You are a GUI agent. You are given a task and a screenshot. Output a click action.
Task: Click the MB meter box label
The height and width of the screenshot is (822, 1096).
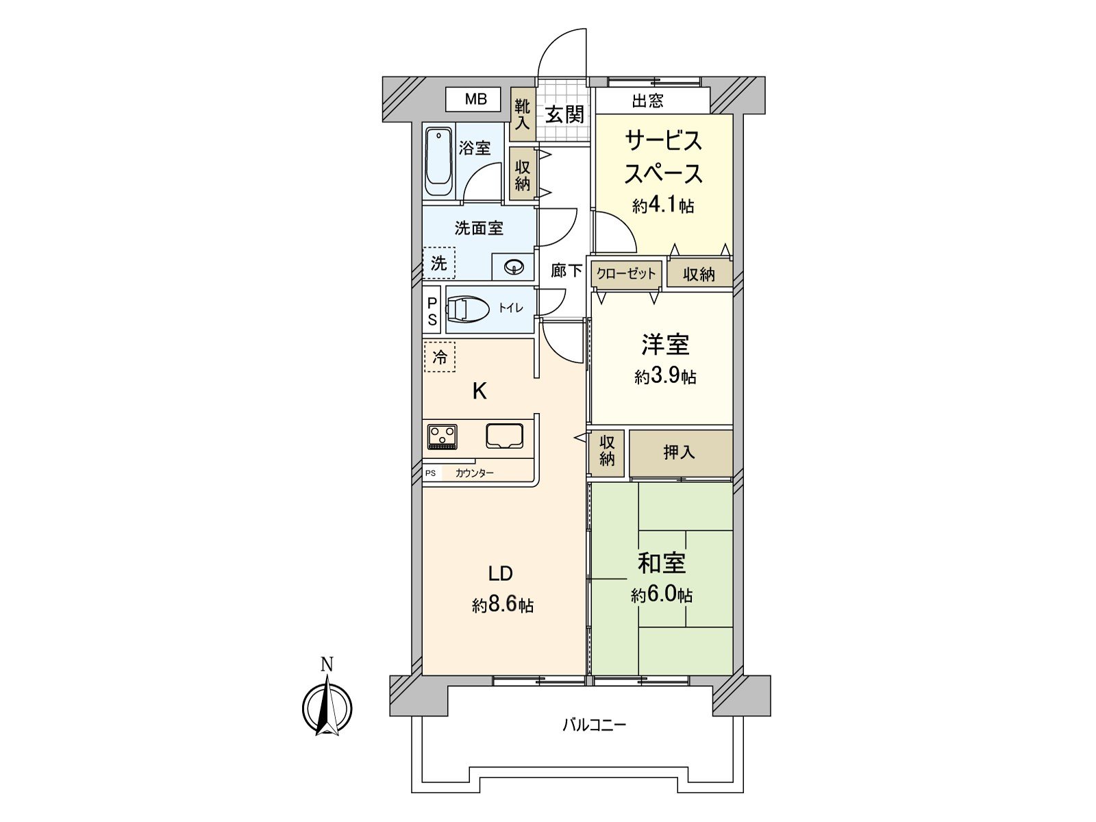click(x=475, y=99)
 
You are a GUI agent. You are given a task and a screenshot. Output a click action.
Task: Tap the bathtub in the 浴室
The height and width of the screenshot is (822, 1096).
click(x=439, y=162)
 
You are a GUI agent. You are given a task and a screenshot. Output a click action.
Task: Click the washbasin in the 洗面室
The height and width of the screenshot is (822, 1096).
click(x=514, y=268)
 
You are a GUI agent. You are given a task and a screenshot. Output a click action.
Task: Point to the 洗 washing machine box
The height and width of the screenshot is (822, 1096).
click(x=439, y=262)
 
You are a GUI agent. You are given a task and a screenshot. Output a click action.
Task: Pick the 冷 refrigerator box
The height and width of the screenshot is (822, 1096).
click(x=439, y=357)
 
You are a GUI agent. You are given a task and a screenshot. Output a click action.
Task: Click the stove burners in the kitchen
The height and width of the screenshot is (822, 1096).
click(x=443, y=437)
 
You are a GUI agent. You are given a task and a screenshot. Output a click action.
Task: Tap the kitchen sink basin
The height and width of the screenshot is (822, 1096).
click(x=505, y=436)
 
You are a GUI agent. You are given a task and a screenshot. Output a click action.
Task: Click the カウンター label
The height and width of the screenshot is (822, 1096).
click(x=474, y=473)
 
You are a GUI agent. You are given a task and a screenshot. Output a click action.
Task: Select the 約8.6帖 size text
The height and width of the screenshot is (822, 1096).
click(x=502, y=606)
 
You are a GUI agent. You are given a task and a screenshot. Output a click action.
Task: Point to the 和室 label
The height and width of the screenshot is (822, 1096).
click(x=662, y=563)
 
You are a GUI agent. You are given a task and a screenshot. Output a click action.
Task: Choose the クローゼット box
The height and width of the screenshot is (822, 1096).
click(x=626, y=273)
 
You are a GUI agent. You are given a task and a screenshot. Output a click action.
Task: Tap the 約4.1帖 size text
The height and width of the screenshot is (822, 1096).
click(x=663, y=205)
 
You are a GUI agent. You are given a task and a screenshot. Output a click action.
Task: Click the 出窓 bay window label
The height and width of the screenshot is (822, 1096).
click(x=647, y=101)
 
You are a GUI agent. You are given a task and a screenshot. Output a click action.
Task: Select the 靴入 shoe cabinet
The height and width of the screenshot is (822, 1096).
click(x=522, y=114)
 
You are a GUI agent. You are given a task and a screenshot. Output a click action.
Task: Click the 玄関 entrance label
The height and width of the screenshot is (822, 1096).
click(x=564, y=115)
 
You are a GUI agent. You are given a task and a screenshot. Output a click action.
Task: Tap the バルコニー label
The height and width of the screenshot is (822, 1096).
click(x=594, y=724)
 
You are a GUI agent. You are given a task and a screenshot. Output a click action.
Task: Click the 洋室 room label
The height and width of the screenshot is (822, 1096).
click(x=665, y=345)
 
